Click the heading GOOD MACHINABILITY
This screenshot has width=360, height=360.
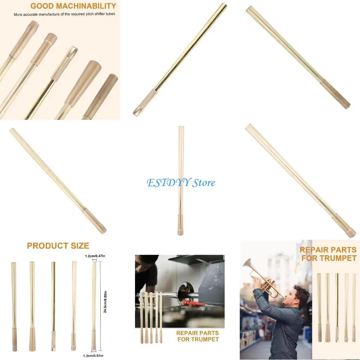pos(73,6)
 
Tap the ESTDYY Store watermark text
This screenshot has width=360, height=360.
pos(181,183)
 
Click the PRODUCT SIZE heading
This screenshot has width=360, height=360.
pos(58,246)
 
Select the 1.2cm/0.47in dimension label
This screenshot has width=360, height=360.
pos(95,256)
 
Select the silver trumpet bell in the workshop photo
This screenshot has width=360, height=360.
pos(185,294)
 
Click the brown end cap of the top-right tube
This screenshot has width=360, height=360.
pos(337,94)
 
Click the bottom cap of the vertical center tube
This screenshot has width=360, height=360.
pos(180,225)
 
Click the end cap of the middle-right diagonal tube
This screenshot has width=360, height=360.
pos(345,226)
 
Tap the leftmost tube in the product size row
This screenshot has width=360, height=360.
pos(14,306)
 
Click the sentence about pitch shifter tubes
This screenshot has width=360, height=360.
pos(64,14)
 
